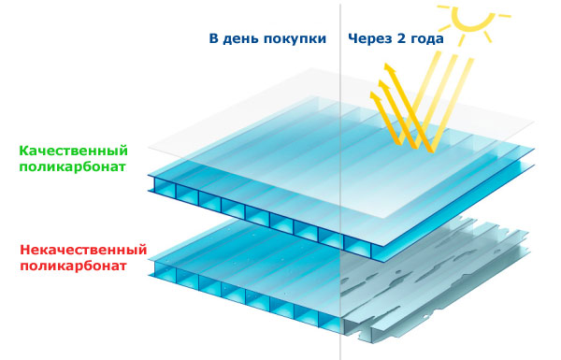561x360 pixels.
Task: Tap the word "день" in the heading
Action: tap(241, 39)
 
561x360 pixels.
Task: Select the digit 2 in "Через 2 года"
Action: tap(400, 38)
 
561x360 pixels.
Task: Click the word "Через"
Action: tap(370, 39)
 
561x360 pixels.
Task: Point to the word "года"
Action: tap(426, 39)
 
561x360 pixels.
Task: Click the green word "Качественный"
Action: tap(73, 151)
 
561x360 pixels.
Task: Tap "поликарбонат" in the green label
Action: tap(72, 166)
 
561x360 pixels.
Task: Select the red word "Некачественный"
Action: tap(83, 250)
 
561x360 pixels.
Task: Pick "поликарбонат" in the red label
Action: tap(73, 266)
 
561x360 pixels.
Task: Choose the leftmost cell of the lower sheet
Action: tap(165, 270)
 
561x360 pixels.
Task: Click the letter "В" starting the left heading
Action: tap(213, 38)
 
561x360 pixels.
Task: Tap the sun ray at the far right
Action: tap(505, 16)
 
